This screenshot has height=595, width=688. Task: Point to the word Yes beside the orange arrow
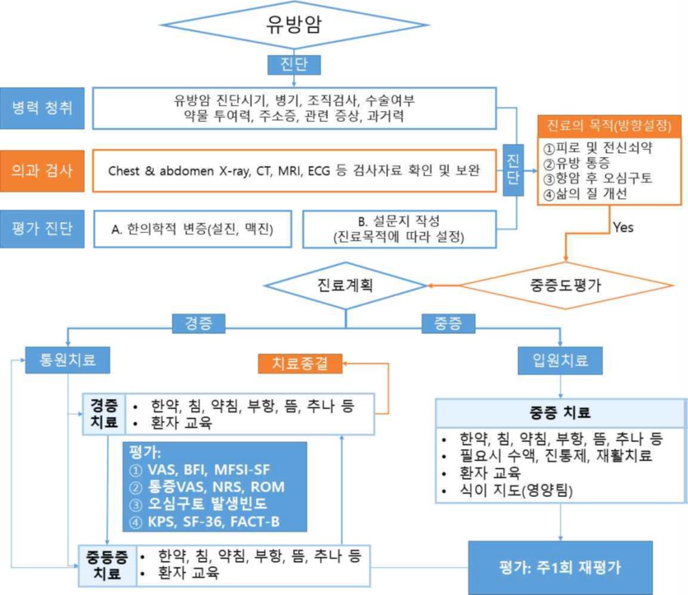[623, 228]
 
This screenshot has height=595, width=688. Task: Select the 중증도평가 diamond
[566, 286]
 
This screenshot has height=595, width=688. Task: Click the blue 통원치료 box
[68, 359]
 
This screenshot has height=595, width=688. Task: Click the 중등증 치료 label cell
[107, 563]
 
